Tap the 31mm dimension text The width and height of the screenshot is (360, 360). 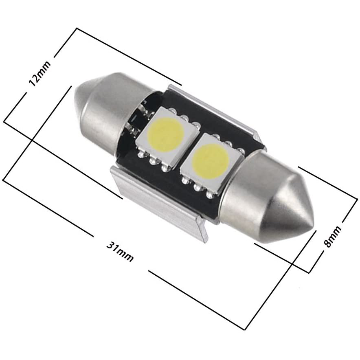tap(120, 251)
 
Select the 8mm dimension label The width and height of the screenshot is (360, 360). tap(332, 237)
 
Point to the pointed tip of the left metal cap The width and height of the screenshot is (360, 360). tap(78, 98)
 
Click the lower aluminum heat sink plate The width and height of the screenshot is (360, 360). tap(159, 204)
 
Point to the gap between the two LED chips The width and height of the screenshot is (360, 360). tap(188, 149)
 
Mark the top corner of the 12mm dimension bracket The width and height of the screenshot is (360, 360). tap(77, 29)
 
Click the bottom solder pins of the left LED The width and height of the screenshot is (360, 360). tap(154, 160)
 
